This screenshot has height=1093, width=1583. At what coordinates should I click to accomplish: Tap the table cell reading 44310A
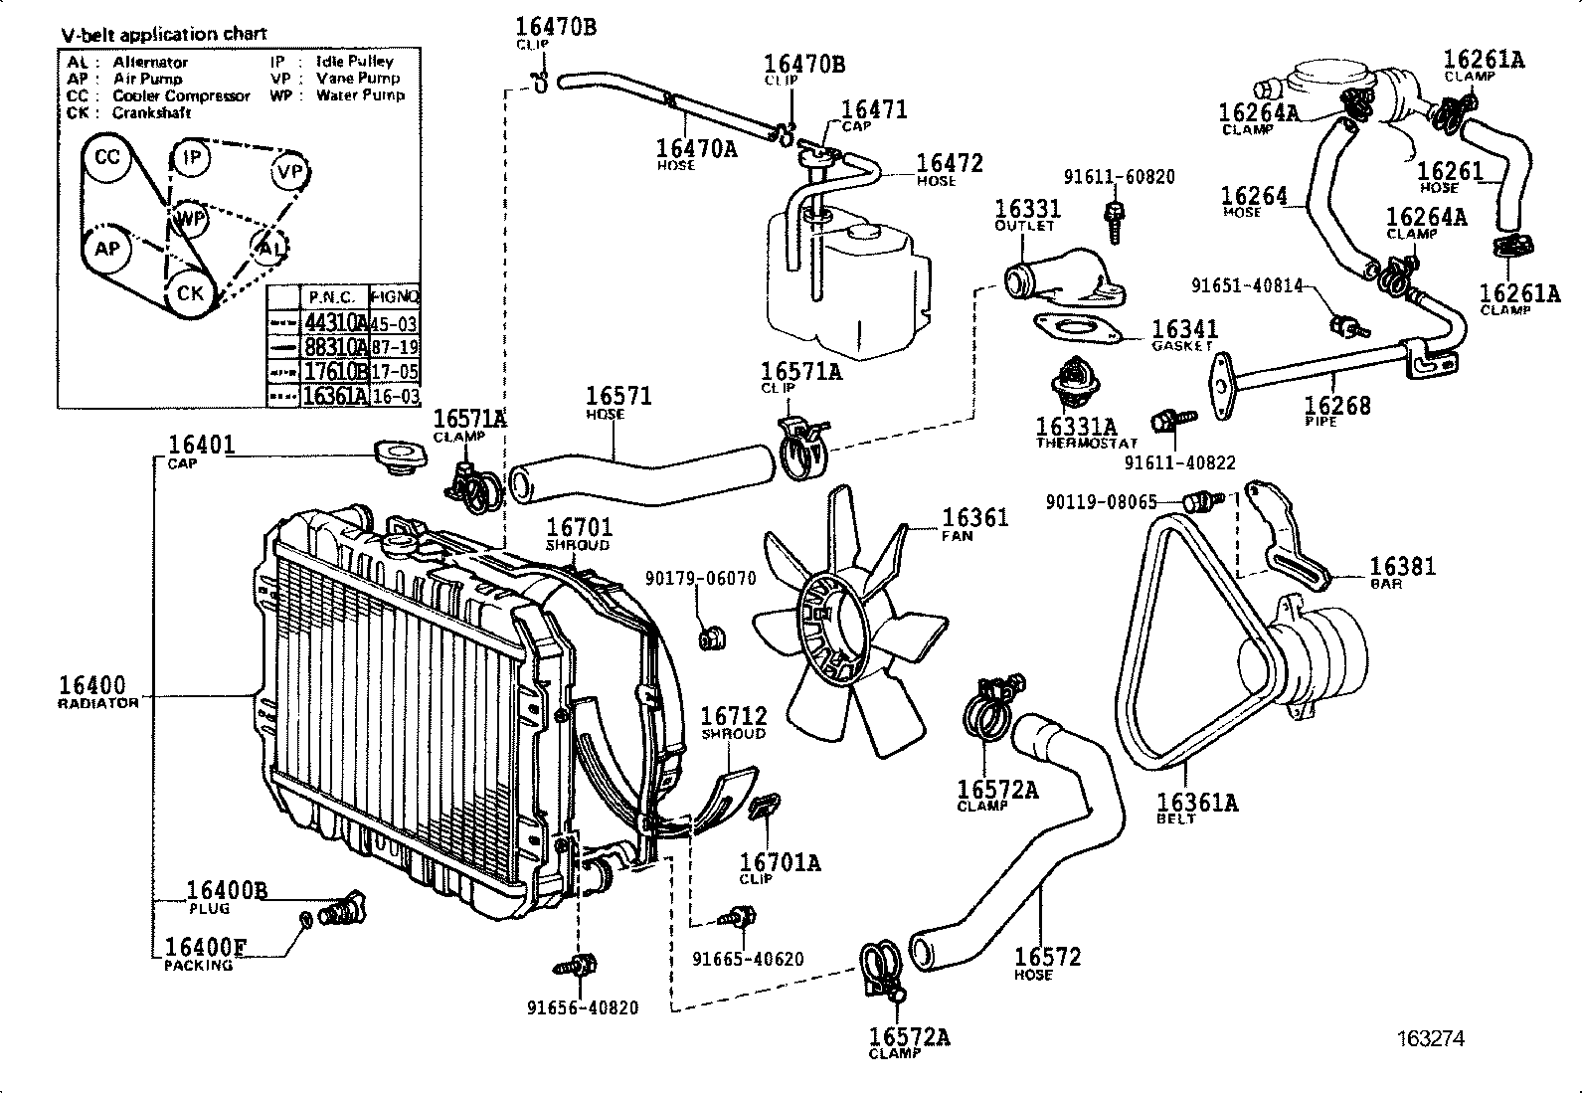point(334,322)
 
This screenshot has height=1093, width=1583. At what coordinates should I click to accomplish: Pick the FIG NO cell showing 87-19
point(394,347)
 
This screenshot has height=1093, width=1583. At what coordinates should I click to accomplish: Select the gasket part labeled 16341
point(1078,327)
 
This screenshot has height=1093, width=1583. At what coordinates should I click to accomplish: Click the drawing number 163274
point(1430,1038)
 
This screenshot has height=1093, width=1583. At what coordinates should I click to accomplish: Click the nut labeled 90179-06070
point(709,637)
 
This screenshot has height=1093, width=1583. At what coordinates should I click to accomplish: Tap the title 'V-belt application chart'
point(164,34)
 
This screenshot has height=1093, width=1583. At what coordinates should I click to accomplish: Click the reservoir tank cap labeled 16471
point(817,150)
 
